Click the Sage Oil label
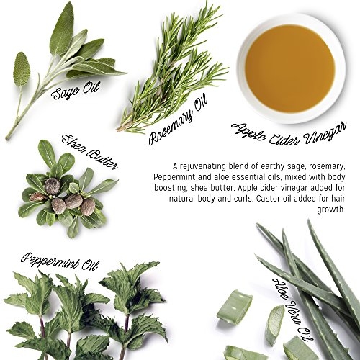coord(75,90)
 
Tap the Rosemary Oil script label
coord(178,120)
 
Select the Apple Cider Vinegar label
coord(289,134)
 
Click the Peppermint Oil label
coord(60,261)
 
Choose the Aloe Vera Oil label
coord(293,309)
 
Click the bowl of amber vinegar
coord(291,69)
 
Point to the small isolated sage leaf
coord(22,69)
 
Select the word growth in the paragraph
coord(331,210)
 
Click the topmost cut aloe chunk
coord(235,305)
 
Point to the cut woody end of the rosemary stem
coord(117,130)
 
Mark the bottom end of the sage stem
coord(7,138)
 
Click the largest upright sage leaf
coord(61,28)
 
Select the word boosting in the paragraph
coord(170,188)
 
